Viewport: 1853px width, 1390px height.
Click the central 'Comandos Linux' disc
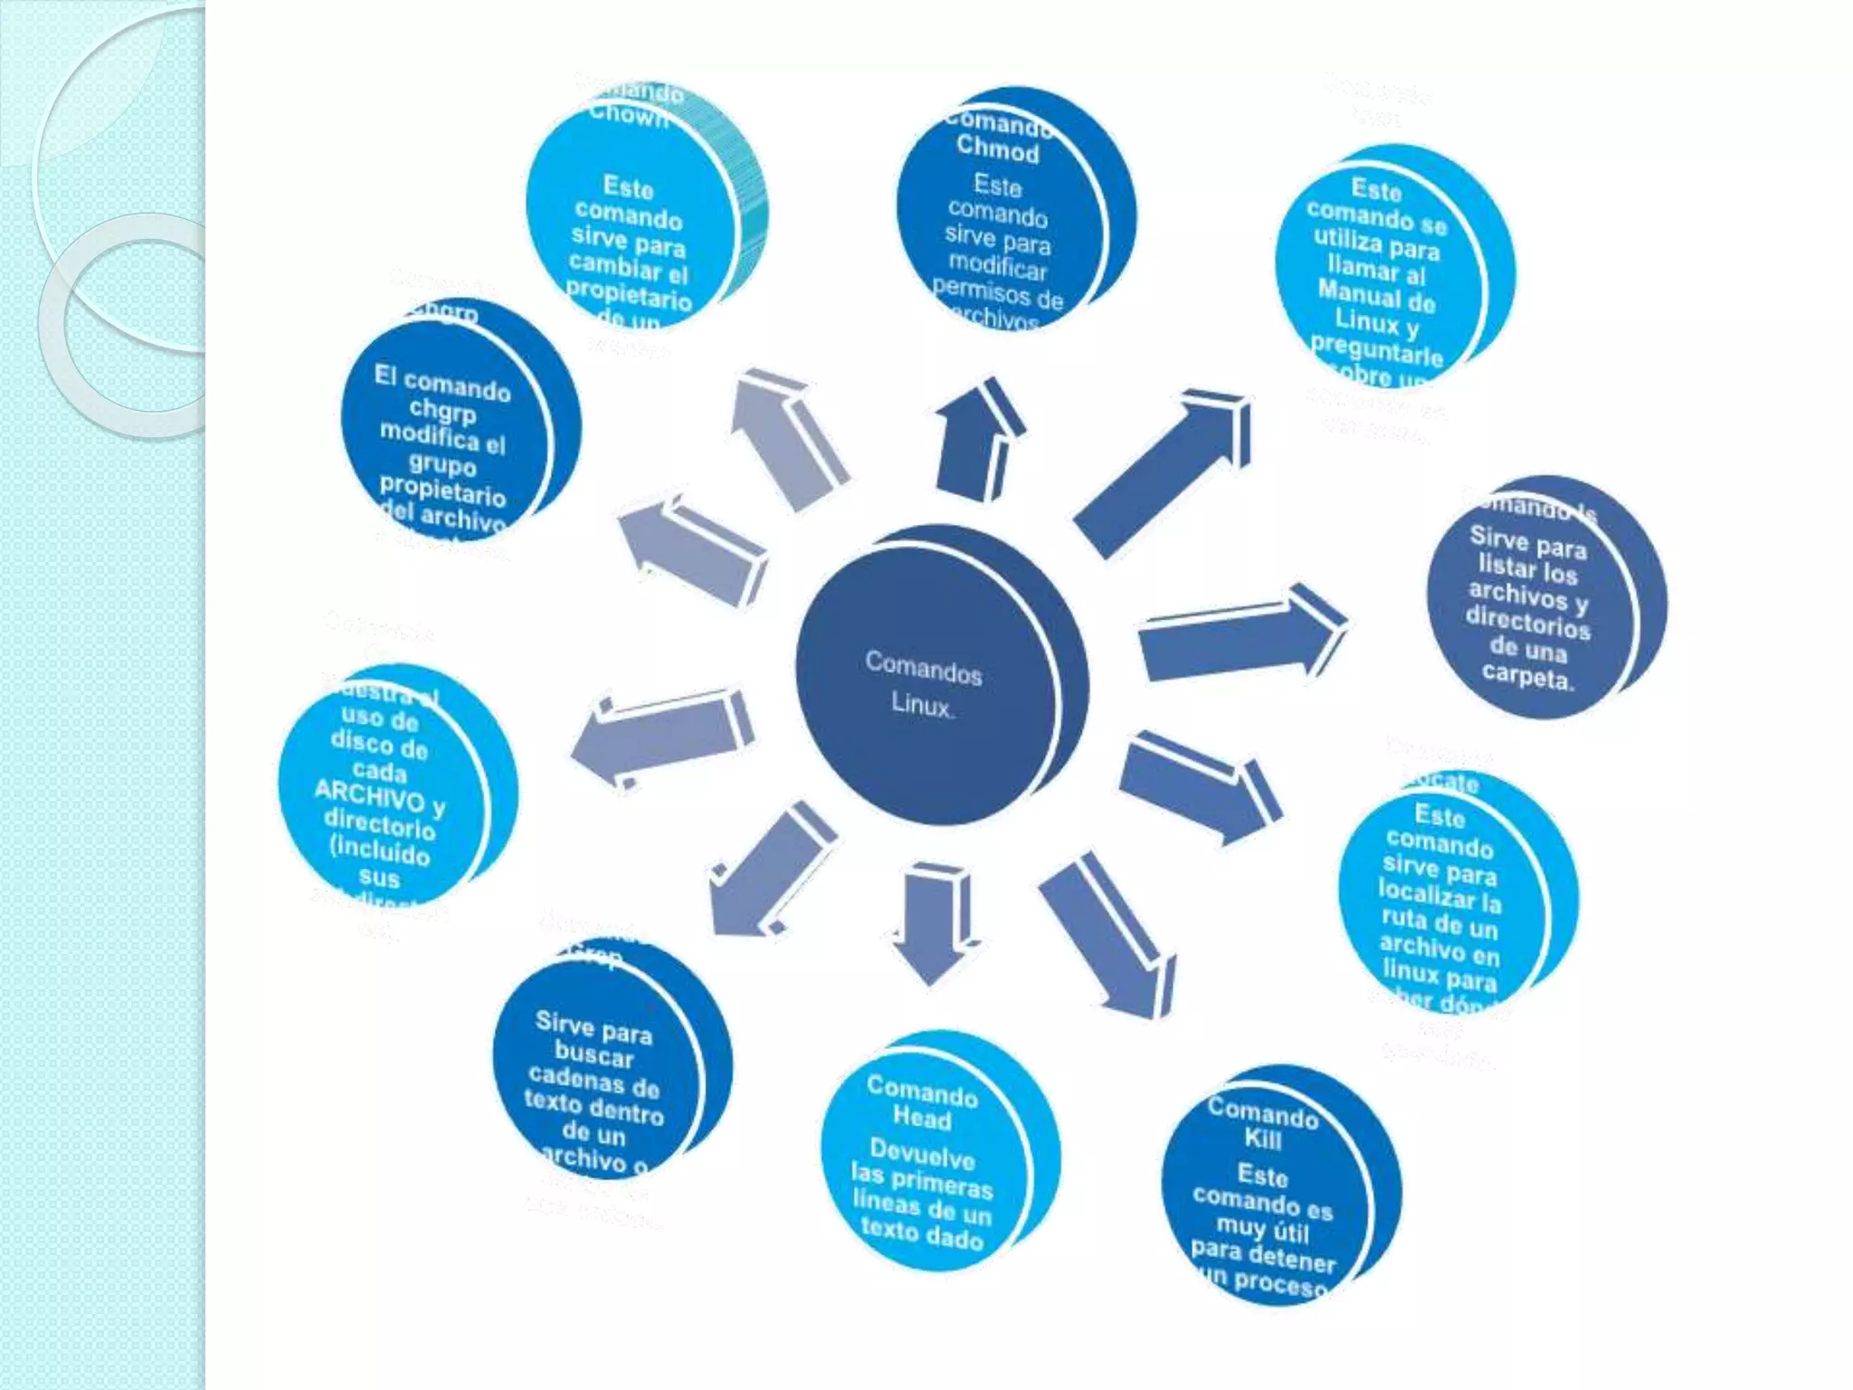932,683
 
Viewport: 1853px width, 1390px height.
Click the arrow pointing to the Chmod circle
977,439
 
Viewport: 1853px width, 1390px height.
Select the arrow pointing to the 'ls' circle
1240,633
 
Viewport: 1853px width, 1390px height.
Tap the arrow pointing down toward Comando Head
932,923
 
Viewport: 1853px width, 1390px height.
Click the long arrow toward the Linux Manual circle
1167,471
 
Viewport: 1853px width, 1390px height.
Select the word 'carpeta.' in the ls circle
1527,676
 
